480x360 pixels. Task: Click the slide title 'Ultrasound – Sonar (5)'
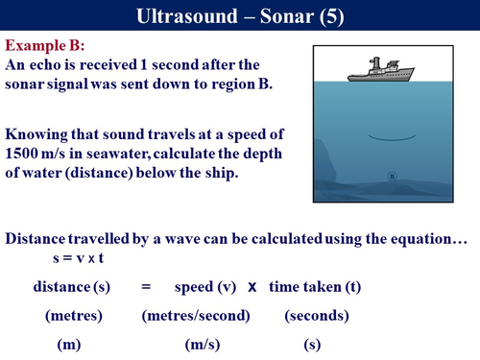pyautogui.click(x=239, y=15)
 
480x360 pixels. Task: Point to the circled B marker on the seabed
pyautogui.click(x=392, y=176)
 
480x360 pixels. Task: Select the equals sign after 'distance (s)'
pyautogui.click(x=147, y=287)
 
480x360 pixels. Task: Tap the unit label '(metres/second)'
pyautogui.click(x=196, y=315)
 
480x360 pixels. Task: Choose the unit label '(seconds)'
pyautogui.click(x=317, y=315)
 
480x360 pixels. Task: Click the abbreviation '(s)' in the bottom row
pyautogui.click(x=311, y=343)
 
